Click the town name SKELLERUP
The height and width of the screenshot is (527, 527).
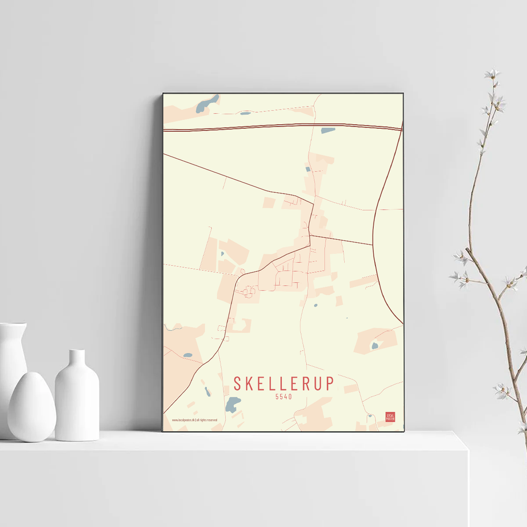(x=284, y=383)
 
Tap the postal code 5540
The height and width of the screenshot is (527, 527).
(x=284, y=397)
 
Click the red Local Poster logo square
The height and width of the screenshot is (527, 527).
(x=390, y=417)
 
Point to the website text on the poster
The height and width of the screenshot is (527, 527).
(x=195, y=420)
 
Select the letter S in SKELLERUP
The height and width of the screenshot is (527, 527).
(x=237, y=383)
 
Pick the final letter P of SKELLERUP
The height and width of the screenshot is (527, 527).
(x=329, y=383)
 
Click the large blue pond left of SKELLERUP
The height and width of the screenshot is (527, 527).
(x=232, y=404)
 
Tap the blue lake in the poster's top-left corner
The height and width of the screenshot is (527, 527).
(x=207, y=104)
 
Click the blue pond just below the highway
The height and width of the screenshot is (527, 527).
(x=328, y=130)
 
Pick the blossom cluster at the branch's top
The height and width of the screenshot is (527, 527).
(x=493, y=76)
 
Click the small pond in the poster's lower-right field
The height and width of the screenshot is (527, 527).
(x=375, y=346)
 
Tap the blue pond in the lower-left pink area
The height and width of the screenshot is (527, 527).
(x=188, y=355)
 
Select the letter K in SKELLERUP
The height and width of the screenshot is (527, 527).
(x=250, y=383)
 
